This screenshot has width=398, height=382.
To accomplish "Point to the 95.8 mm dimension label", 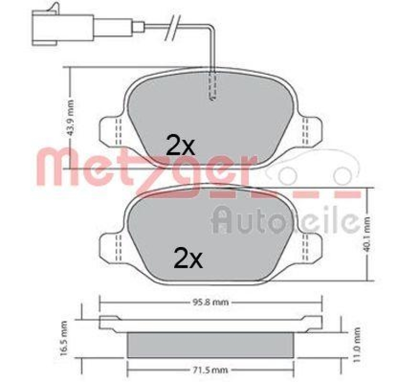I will (x=210, y=301).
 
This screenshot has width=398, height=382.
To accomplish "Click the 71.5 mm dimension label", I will (x=210, y=371).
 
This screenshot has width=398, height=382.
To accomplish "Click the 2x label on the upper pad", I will (x=181, y=146).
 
